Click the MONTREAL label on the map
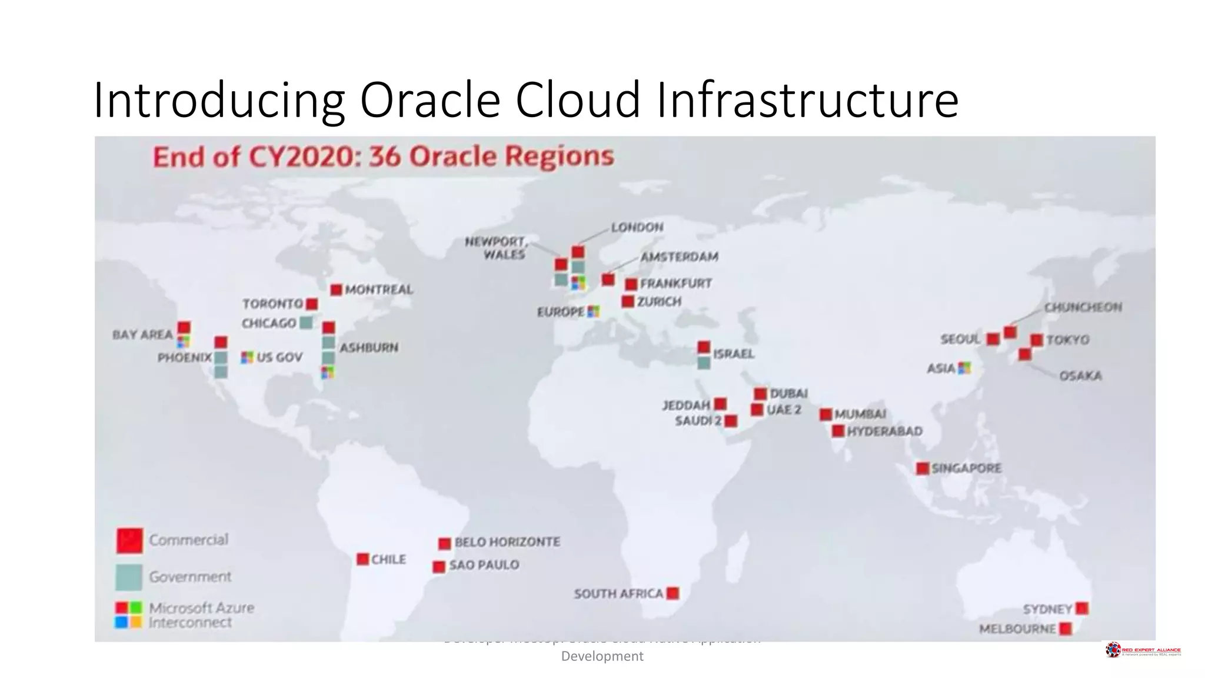[379, 290]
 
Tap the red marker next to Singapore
[922, 468]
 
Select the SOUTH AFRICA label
[618, 594]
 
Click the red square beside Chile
[362, 559]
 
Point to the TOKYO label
[1068, 340]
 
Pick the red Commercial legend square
[129, 540]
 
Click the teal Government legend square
[129, 577]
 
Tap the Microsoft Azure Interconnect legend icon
[129, 614]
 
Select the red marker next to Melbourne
[1065, 629]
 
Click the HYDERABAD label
[884, 431]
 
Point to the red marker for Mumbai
[825, 414]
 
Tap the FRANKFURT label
[675, 284]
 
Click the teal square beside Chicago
[306, 323]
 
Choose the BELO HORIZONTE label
[507, 542]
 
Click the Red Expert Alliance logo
[1143, 650]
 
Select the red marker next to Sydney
[1081, 609]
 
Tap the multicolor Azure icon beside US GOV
[247, 357]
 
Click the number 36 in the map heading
[385, 157]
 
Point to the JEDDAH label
[686, 406]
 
